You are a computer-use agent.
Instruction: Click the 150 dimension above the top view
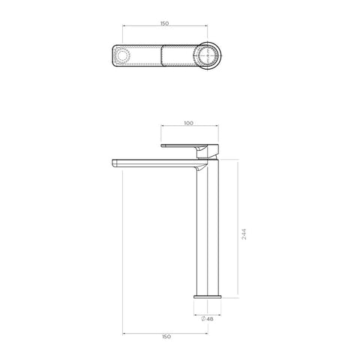point(164,23)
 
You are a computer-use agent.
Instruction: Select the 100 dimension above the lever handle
point(187,122)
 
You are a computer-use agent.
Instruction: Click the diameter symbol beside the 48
point(204,319)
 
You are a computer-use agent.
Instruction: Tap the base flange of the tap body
point(206,296)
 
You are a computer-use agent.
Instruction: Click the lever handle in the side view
point(184,145)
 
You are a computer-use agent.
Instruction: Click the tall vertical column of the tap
point(206,232)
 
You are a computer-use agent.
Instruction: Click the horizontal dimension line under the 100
point(187,129)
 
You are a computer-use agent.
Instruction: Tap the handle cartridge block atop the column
point(207,150)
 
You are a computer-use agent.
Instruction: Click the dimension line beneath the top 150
point(164,29)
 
